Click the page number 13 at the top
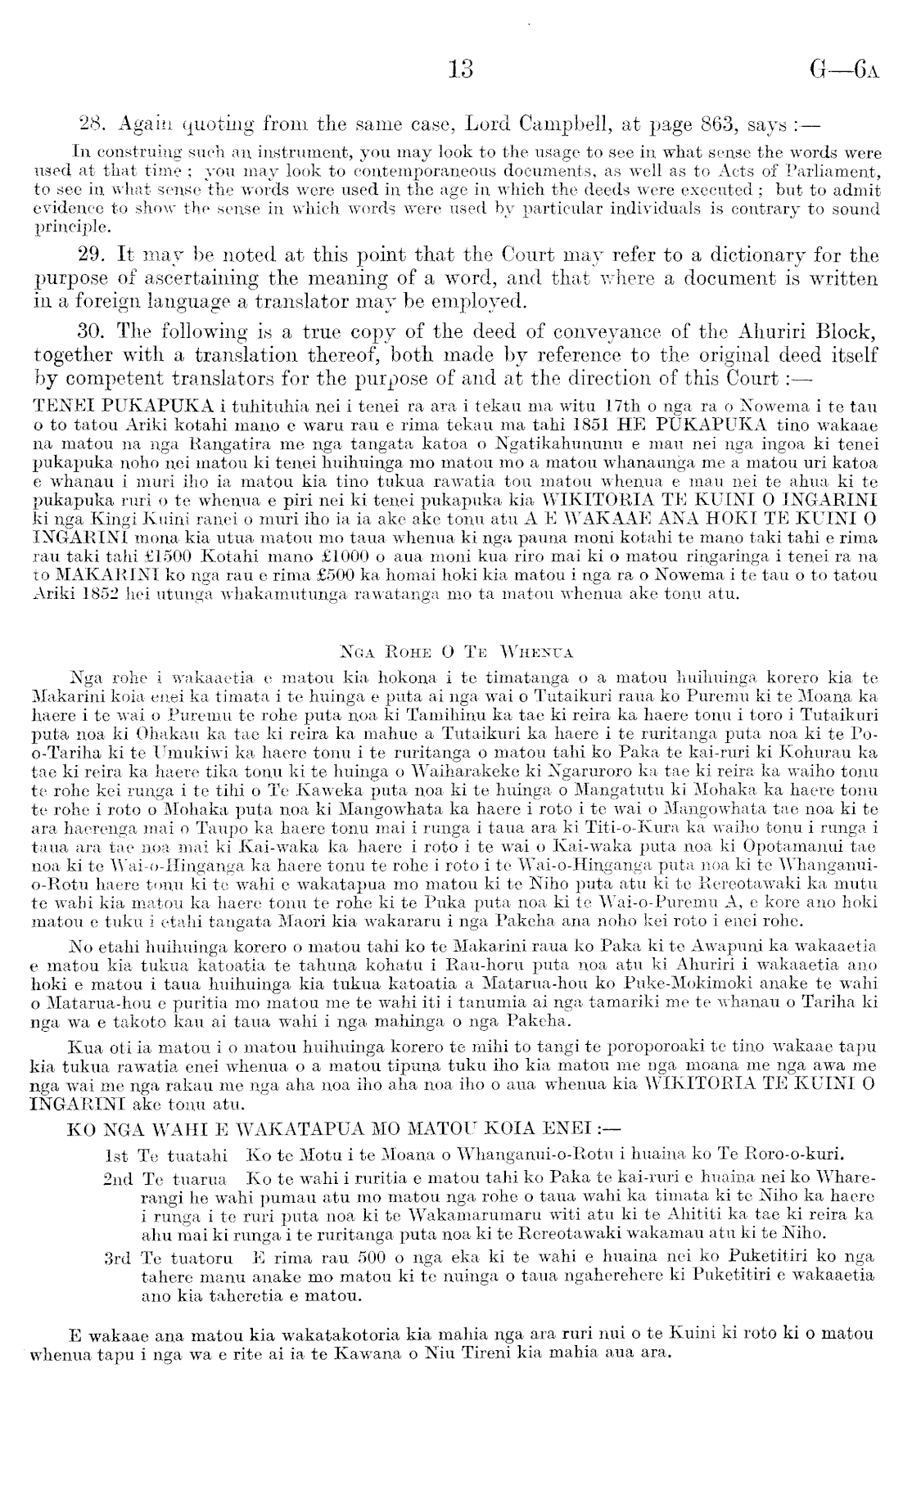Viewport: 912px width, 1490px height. [462, 70]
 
